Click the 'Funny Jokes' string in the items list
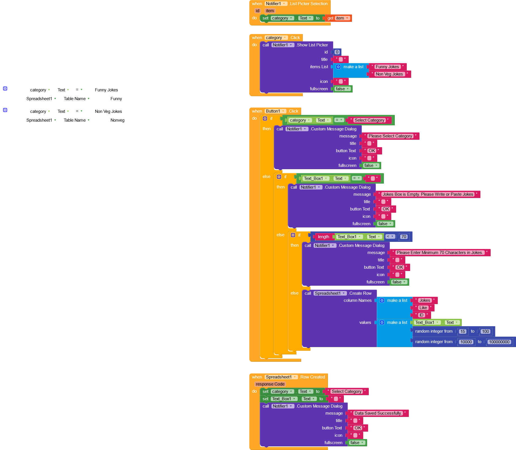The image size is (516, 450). [387, 67]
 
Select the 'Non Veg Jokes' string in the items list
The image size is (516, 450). [389, 74]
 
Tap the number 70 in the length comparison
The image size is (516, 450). [404, 237]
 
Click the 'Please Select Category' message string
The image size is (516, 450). [390, 136]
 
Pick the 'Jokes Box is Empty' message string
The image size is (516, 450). [428, 194]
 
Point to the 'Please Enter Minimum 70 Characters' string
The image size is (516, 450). [440, 253]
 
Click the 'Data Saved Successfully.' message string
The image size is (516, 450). [378, 413]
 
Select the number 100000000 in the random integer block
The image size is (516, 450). [499, 342]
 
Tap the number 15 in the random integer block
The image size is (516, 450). [462, 331]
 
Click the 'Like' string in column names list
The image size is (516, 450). [423, 308]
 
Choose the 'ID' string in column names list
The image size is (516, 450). [421, 315]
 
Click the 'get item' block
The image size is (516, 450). [338, 18]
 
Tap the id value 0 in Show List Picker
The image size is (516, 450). [337, 52]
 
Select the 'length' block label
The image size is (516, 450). [323, 237]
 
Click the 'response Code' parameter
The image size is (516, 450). [270, 384]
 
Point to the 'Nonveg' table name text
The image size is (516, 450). [117, 120]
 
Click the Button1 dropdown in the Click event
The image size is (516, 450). [275, 111]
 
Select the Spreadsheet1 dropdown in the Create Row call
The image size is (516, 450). [330, 293]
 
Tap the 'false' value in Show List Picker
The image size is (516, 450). [342, 89]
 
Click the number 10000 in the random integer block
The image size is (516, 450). [466, 342]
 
